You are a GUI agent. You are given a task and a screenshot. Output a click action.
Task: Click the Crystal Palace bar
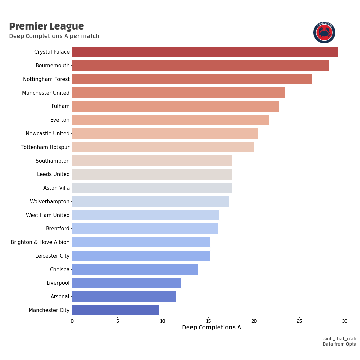(205, 52)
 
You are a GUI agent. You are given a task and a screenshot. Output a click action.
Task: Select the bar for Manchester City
(116, 310)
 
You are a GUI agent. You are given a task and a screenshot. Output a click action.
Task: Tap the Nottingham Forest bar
(192, 79)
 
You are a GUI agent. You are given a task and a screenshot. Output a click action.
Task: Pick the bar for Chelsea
(135, 269)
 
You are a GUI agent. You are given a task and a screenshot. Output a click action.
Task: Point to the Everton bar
(170, 120)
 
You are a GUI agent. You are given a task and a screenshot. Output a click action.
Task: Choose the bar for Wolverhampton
(150, 201)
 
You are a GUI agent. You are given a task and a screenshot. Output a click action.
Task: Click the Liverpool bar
(127, 283)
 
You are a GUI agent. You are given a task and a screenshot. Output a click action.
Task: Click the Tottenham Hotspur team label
(45, 147)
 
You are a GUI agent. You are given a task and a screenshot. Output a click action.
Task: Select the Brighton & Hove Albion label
(40, 242)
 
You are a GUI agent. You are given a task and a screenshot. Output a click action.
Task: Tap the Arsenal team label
(60, 297)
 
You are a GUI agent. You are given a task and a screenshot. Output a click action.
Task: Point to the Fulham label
(60, 106)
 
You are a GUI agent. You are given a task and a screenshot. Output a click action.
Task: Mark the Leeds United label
(53, 174)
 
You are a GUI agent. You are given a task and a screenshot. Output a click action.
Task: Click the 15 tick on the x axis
(208, 321)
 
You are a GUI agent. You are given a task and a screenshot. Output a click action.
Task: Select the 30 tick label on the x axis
(345, 321)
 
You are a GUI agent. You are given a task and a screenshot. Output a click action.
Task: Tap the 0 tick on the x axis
(72, 321)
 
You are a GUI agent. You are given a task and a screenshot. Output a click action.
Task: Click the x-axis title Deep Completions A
(211, 328)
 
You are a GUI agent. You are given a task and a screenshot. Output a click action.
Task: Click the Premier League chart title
(46, 26)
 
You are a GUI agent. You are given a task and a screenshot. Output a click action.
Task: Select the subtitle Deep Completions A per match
(54, 36)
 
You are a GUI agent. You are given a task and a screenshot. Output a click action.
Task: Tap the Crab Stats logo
(324, 32)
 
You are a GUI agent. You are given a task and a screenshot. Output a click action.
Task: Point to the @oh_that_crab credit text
(339, 339)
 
